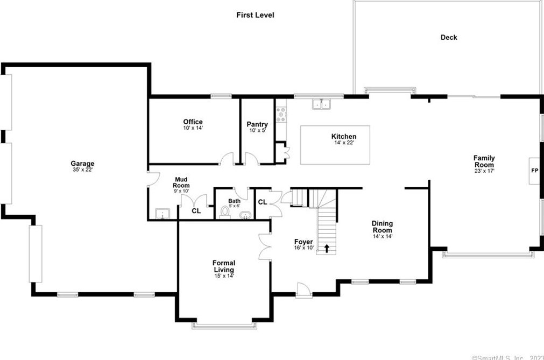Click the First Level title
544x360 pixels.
[255, 15]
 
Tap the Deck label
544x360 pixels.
[449, 38]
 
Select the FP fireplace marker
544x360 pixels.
[535, 171]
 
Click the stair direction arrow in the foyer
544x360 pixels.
[327, 248]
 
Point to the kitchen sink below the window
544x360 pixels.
[321, 104]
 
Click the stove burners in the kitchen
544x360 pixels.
[281, 115]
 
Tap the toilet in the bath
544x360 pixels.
[225, 212]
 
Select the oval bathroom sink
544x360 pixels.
[245, 215]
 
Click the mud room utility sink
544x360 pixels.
[163, 214]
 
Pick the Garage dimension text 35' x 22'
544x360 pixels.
[82, 170]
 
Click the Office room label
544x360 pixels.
[193, 122]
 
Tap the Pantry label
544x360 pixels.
[257, 124]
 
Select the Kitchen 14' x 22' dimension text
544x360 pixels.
[344, 143]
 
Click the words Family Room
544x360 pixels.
[484, 161]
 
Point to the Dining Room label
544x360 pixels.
[383, 227]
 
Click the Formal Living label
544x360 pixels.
[224, 266]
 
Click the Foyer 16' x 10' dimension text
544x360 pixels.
[303, 248]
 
